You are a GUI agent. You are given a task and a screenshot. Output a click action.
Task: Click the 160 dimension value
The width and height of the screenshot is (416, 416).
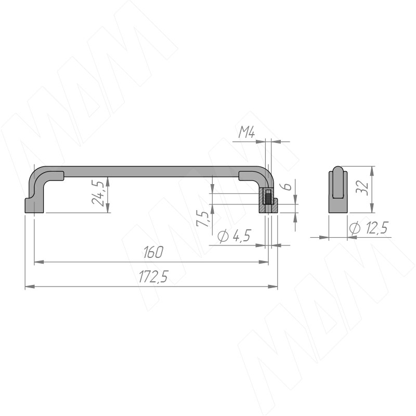153,252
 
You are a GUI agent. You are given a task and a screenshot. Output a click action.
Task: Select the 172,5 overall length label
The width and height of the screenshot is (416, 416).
153,277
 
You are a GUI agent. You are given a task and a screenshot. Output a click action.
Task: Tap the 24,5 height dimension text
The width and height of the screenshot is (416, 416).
97,192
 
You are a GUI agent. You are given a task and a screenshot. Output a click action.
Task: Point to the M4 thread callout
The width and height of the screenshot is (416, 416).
246,132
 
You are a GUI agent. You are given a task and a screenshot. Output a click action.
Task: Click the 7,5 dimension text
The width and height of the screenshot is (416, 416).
202,218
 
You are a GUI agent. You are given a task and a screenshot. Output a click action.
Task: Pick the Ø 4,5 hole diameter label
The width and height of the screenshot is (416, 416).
234,236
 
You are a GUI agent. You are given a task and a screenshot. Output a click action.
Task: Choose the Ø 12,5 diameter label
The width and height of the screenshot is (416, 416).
369,228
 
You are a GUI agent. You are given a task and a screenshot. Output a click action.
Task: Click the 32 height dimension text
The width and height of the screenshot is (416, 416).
362,188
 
